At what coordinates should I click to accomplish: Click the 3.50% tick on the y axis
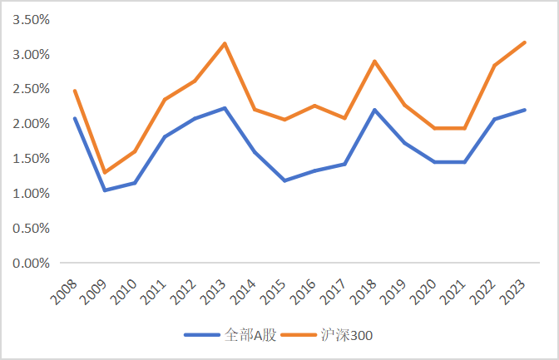click(28, 19)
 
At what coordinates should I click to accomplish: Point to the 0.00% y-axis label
click(28, 263)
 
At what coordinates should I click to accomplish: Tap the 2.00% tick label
click(28, 124)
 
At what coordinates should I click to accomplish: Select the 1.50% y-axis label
click(28, 158)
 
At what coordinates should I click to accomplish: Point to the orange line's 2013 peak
click(225, 43)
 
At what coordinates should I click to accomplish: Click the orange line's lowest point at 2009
click(105, 172)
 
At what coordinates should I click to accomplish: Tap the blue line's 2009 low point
click(105, 190)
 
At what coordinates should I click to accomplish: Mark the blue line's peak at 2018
click(375, 110)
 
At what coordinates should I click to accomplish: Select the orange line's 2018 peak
click(375, 61)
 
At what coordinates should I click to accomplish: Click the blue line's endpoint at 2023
click(525, 110)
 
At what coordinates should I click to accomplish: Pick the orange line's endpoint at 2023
click(525, 42)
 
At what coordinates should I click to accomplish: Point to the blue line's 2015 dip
click(285, 180)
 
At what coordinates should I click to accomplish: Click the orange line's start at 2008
click(75, 91)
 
